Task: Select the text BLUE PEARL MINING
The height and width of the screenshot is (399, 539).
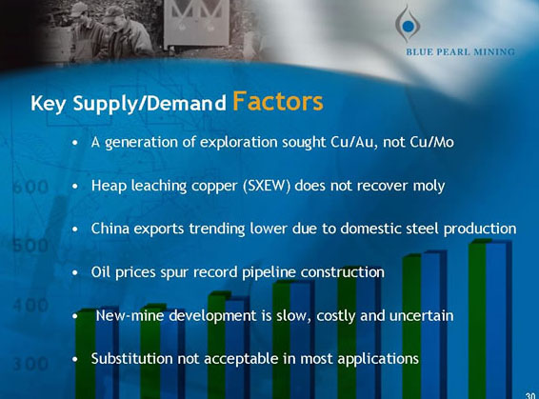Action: [459, 51]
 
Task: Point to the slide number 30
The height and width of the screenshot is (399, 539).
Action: [529, 391]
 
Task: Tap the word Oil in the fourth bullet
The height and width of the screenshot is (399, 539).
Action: [101, 272]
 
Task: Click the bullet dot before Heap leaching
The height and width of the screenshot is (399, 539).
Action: [75, 187]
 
